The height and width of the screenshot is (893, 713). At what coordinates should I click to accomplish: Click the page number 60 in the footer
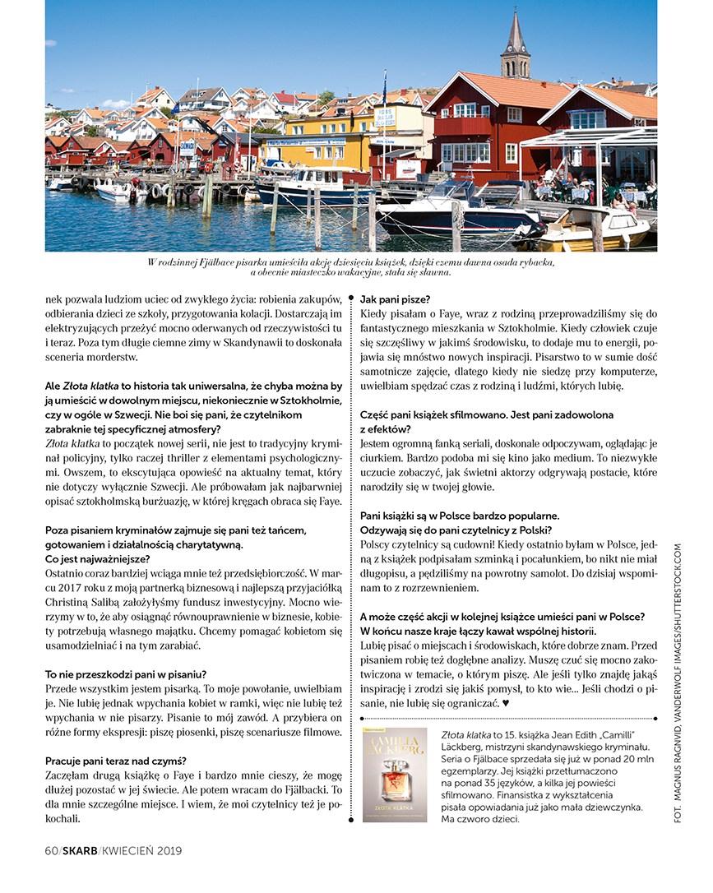coord(51,850)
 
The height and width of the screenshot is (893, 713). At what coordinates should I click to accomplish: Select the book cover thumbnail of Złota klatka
coord(394,774)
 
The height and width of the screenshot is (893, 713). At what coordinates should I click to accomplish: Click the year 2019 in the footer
coord(168,850)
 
